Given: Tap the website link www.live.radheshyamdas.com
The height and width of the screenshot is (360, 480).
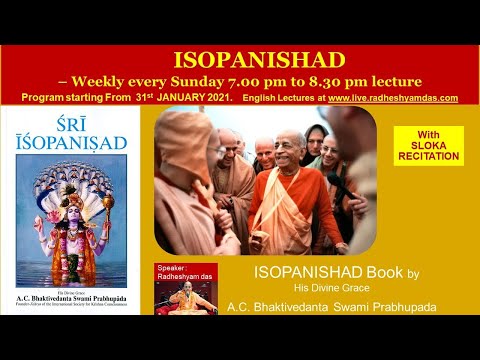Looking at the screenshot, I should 393,98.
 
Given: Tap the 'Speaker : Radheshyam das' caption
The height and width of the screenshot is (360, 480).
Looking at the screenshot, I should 185,275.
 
